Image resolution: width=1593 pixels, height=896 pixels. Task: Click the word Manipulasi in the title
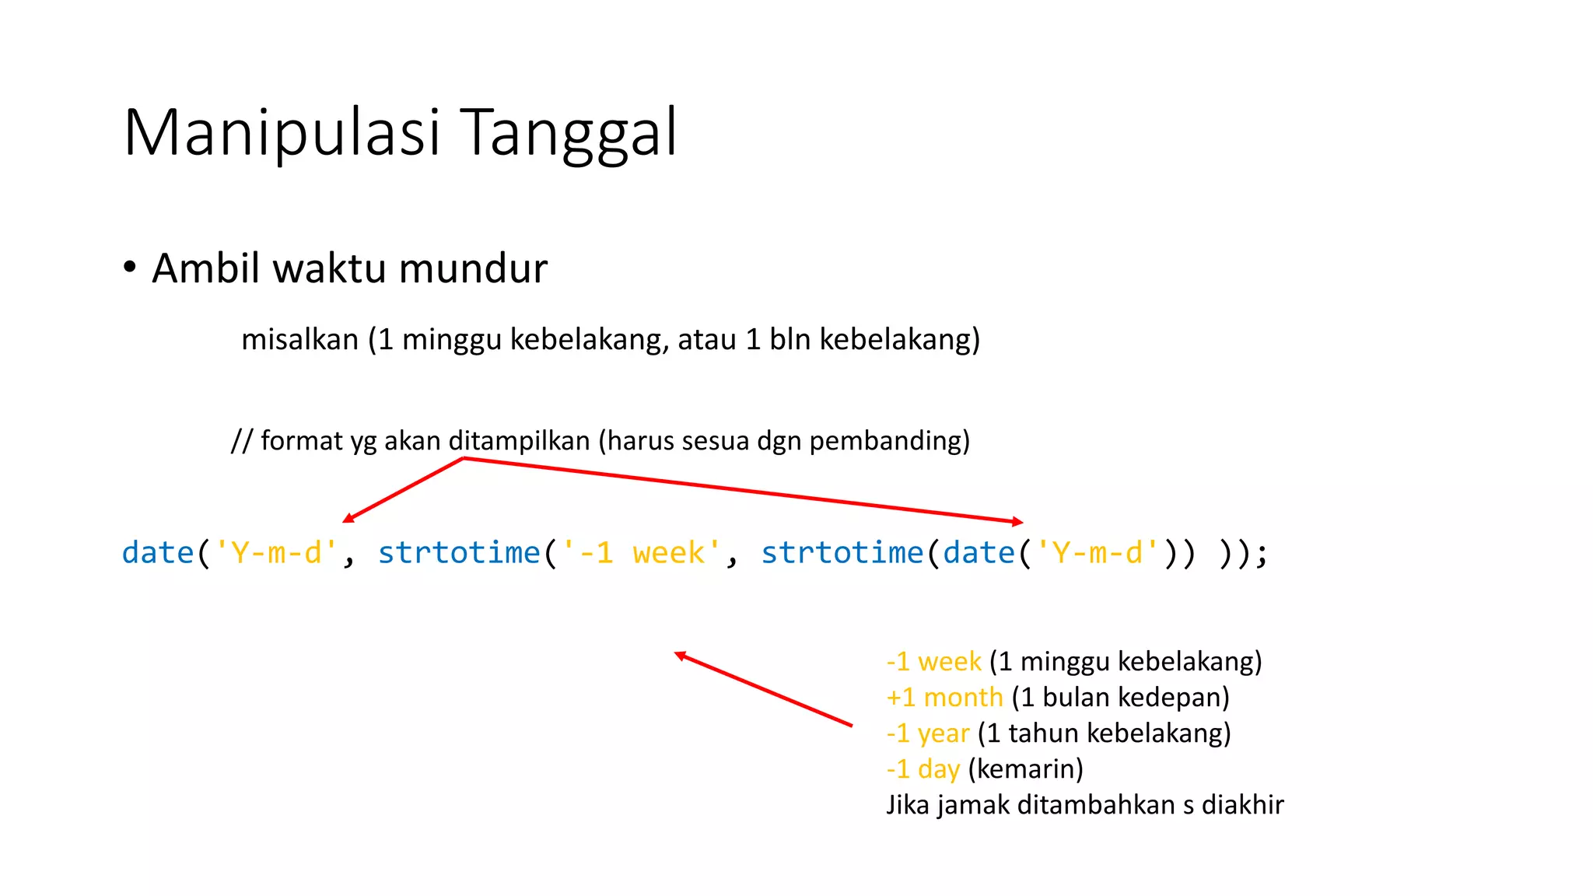[282, 133]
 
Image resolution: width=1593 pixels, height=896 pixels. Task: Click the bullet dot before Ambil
[130, 268]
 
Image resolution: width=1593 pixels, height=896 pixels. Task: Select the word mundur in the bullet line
[473, 268]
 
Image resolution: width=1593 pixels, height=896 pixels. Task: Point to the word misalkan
[299, 340]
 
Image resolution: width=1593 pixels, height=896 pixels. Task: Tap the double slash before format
[241, 441]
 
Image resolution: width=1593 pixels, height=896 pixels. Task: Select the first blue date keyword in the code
[158, 553]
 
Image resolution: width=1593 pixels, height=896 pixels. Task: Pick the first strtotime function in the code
[459, 553]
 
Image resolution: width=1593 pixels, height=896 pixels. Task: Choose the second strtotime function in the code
[842, 553]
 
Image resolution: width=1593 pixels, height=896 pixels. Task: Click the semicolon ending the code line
[1262, 554]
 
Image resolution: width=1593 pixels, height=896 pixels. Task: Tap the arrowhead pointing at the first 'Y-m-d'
[348, 519]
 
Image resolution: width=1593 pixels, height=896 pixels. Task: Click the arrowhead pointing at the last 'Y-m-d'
[1018, 521]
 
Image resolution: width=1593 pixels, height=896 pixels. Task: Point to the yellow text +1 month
[944, 698]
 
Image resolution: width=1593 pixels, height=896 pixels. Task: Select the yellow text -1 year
[928, 733]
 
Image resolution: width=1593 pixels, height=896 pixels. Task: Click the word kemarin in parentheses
[1026, 769]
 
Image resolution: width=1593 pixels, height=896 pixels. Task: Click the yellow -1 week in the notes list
[933, 662]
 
